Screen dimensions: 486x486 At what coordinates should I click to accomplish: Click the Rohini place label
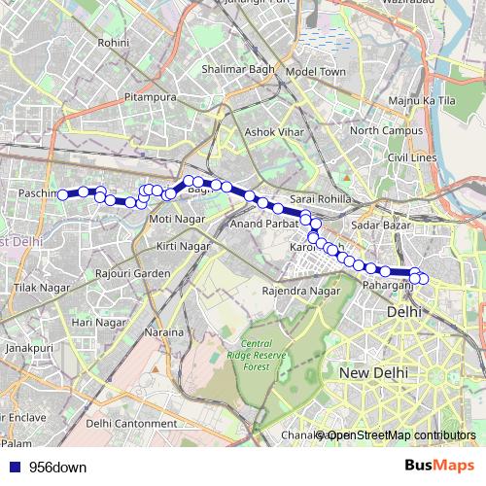pyautogui.click(x=114, y=43)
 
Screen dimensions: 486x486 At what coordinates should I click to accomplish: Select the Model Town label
pyautogui.click(x=317, y=72)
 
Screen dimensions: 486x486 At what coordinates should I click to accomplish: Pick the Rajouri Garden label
pyautogui.click(x=132, y=273)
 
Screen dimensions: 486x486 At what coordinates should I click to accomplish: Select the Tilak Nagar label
pyautogui.click(x=38, y=289)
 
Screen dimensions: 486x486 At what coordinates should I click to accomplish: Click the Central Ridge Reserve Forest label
pyautogui.click(x=257, y=356)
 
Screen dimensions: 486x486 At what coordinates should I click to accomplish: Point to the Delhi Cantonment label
pyautogui.click(x=131, y=423)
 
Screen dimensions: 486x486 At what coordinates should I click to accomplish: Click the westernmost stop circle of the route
pyautogui.click(x=63, y=194)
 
